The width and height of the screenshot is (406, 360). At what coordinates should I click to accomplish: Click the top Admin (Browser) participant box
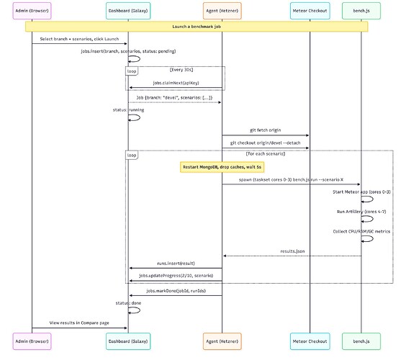click(32, 11)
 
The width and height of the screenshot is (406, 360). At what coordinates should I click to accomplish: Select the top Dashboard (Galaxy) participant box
click(128, 11)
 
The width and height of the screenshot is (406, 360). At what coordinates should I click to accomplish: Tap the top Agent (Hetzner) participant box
click(222, 11)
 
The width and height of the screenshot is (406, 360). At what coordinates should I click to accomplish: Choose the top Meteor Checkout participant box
click(310, 11)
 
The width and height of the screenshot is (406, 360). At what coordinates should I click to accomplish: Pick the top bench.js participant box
click(361, 11)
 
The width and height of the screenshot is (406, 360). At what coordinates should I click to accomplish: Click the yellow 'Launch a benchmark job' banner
click(197, 27)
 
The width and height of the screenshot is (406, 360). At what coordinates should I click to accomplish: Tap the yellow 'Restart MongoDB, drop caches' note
click(222, 166)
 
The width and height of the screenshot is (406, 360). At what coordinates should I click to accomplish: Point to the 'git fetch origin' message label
click(265, 130)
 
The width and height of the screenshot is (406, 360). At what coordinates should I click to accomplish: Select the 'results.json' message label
click(292, 251)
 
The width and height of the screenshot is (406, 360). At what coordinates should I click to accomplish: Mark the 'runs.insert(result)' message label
click(175, 264)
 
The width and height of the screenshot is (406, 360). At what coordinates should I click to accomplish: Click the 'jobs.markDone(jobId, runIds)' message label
click(175, 290)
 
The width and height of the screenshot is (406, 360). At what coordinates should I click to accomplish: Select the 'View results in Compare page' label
click(80, 323)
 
